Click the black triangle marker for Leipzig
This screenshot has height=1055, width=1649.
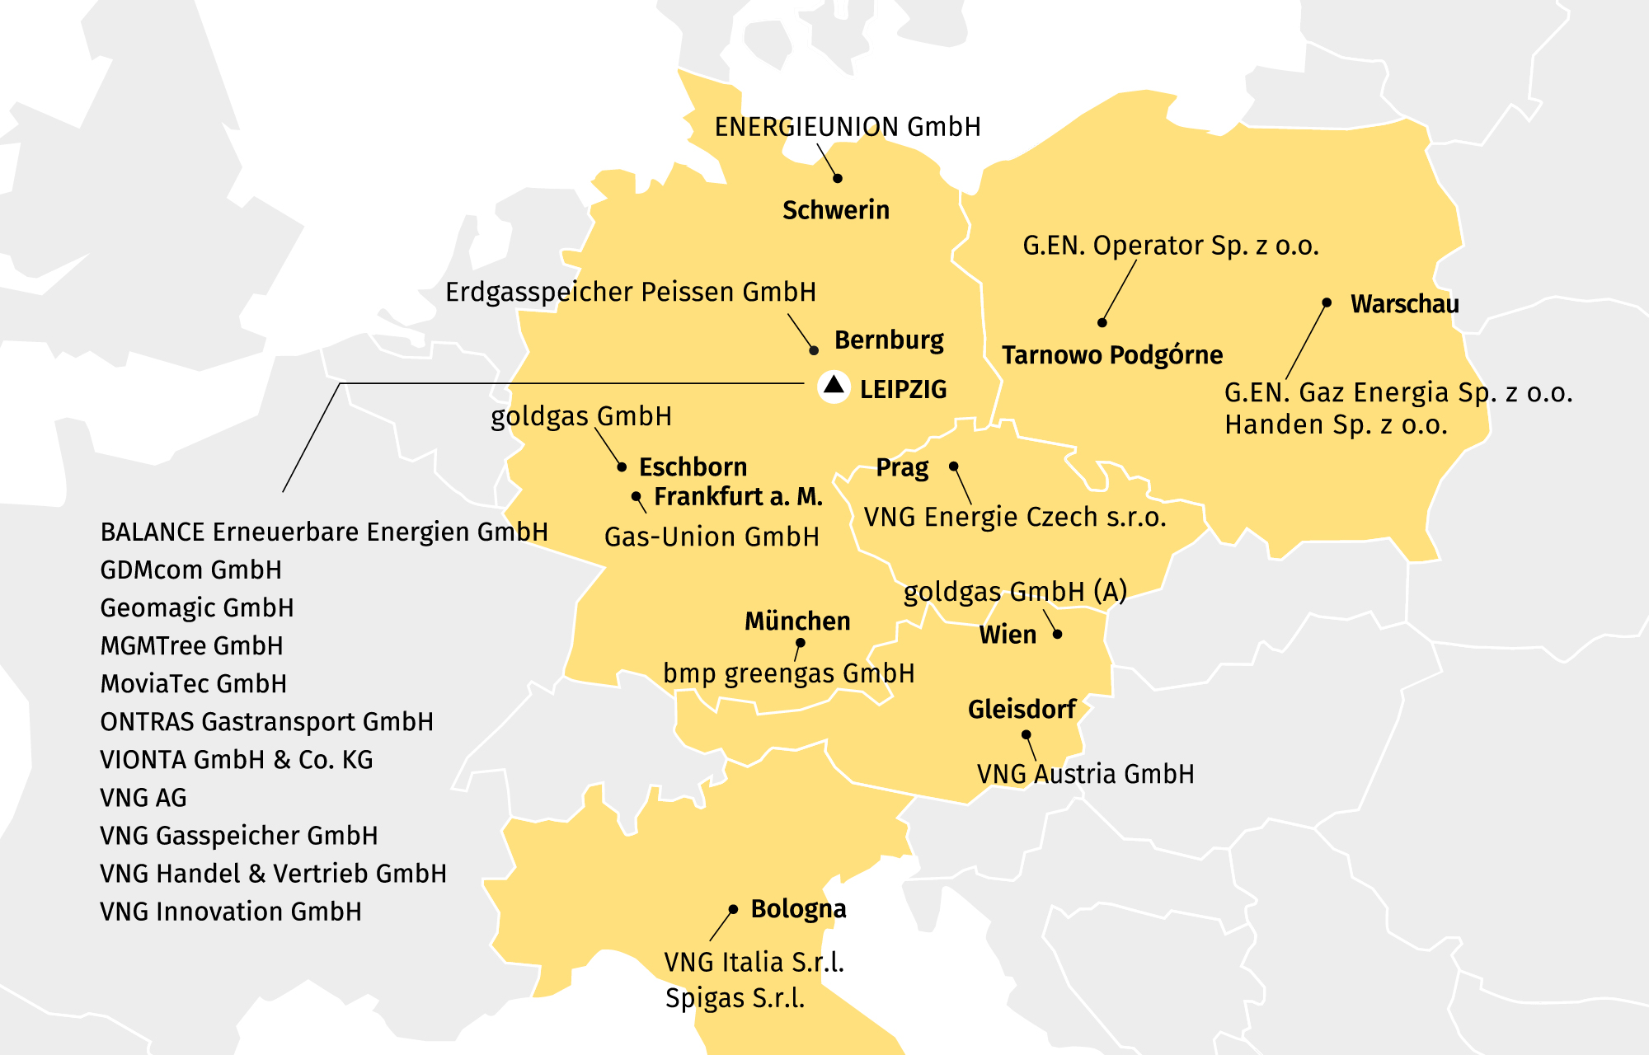tap(834, 385)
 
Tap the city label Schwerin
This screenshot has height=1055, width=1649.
tap(835, 210)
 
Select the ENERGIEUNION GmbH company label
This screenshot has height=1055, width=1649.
tap(847, 127)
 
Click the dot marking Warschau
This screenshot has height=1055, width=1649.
tap(1327, 302)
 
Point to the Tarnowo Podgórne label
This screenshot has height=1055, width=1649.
tap(1111, 355)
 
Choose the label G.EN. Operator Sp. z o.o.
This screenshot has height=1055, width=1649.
tap(1170, 246)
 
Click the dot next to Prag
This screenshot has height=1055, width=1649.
tap(954, 467)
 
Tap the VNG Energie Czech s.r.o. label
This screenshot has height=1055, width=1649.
tap(1014, 518)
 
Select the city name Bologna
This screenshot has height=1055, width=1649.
tap(797, 909)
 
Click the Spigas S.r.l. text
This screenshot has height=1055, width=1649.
tap(734, 998)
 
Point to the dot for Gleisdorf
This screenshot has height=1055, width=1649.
tap(1027, 734)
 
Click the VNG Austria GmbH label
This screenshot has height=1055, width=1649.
tap(1085, 774)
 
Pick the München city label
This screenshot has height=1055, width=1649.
tap(796, 621)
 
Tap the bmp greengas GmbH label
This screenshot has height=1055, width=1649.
tap(788, 673)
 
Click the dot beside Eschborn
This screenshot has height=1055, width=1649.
tap(622, 467)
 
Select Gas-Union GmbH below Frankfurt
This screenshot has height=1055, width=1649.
tap(712, 537)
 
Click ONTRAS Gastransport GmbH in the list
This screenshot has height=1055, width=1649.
tap(266, 722)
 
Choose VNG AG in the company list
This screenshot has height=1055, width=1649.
tap(143, 798)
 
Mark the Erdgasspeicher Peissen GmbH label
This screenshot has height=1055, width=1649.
tap(630, 293)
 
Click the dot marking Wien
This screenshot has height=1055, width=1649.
tap(1058, 634)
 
